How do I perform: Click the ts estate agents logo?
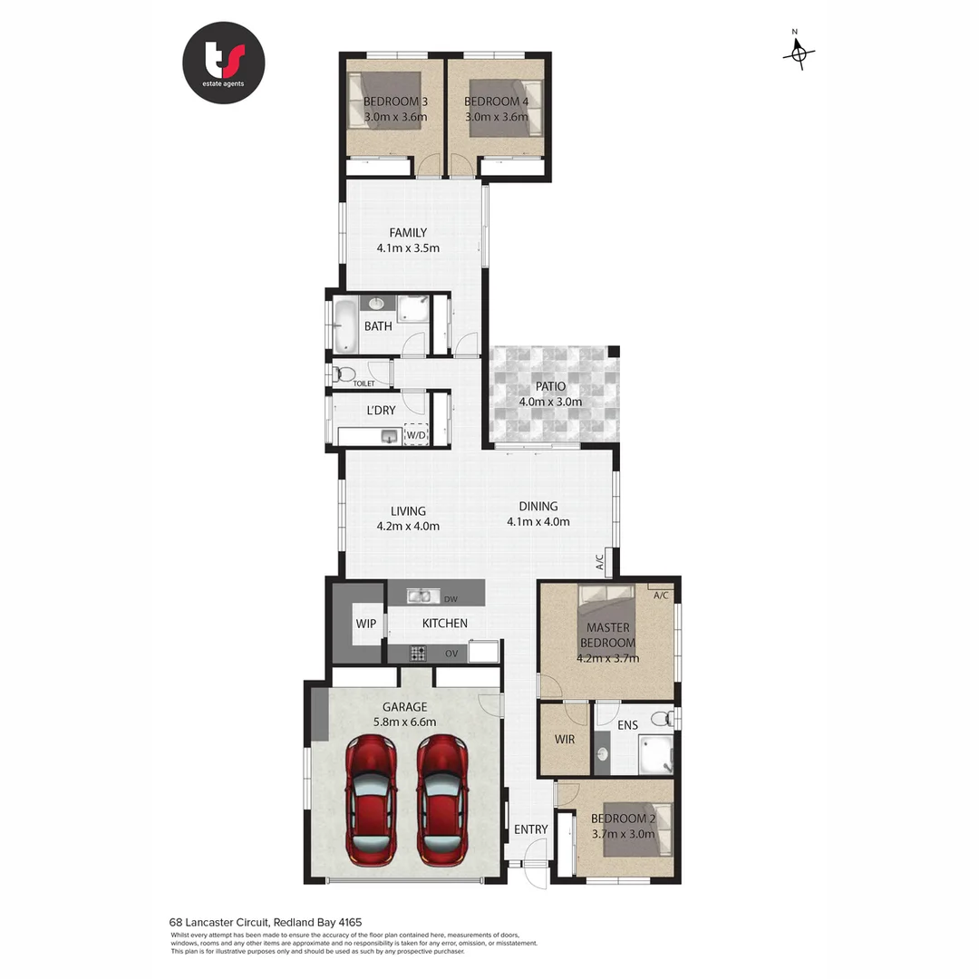click(x=224, y=63)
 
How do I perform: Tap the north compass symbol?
click(x=798, y=53)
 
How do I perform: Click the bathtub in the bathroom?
click(x=345, y=325)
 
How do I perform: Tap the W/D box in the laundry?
click(x=415, y=435)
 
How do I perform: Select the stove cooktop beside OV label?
click(x=418, y=652)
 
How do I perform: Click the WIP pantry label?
click(x=365, y=624)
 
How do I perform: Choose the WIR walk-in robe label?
click(x=565, y=740)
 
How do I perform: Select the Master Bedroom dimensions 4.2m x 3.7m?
click(x=607, y=658)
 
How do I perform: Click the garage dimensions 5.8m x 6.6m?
click(x=405, y=722)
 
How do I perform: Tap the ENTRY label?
click(x=531, y=829)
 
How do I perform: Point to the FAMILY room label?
click(x=408, y=233)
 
